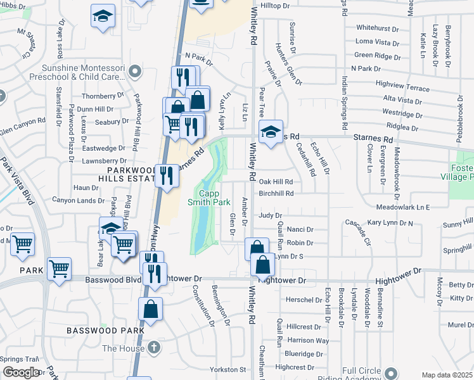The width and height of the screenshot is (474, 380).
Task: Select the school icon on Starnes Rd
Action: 271,132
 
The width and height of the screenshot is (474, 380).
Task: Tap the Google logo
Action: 20,373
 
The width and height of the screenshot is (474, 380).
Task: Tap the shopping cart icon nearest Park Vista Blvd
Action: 22,244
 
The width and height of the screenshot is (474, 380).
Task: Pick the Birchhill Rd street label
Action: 276,193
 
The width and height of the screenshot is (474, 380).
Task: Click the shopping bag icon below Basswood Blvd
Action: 151,310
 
